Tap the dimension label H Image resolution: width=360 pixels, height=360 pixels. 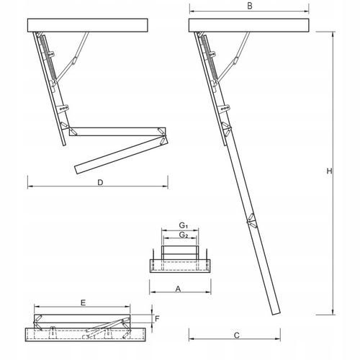pyautogui.click(x=328, y=172)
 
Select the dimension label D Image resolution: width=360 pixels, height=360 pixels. pyautogui.click(x=102, y=183)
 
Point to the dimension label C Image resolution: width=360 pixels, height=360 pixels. pyautogui.click(x=237, y=336)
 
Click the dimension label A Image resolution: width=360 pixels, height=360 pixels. pyautogui.click(x=177, y=288)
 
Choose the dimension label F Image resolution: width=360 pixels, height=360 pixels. pyautogui.click(x=158, y=318)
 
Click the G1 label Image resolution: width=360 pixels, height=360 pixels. pyautogui.click(x=184, y=226)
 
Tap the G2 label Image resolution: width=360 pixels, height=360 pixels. pyautogui.click(x=184, y=235)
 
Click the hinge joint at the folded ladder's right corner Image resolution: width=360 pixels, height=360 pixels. pyautogui.click(x=165, y=135)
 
